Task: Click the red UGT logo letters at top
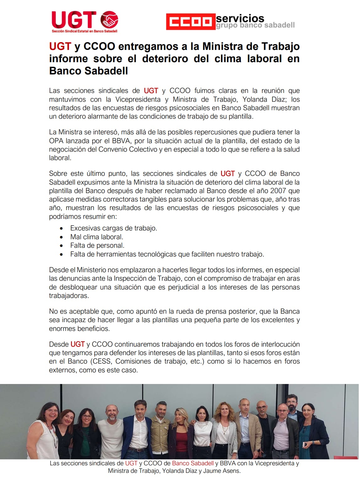tap(74, 20)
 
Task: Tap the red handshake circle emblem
tap(109, 20)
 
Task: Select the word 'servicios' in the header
tap(240, 18)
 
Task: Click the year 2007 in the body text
tap(278, 191)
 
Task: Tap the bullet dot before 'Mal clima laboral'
tap(61, 237)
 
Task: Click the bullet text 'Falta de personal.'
tap(97, 246)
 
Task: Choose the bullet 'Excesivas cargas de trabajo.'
tap(114, 228)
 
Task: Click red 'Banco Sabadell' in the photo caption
tap(193, 463)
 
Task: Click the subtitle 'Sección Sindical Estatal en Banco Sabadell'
tap(84, 31)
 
